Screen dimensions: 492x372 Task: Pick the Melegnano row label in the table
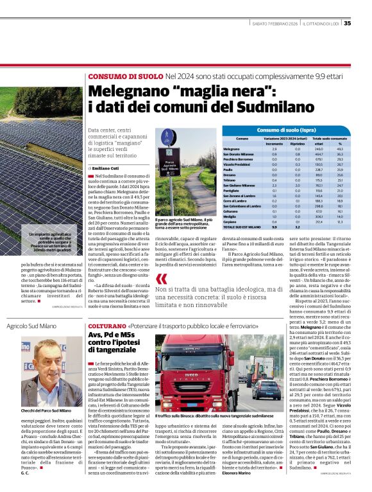249,149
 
